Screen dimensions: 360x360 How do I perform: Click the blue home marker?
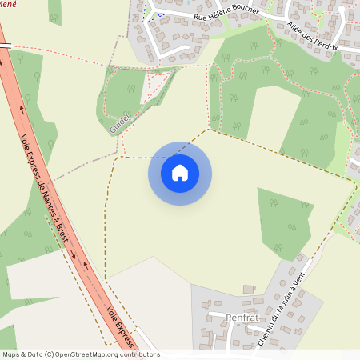click(180, 173)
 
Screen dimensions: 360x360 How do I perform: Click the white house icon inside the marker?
click(180, 173)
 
